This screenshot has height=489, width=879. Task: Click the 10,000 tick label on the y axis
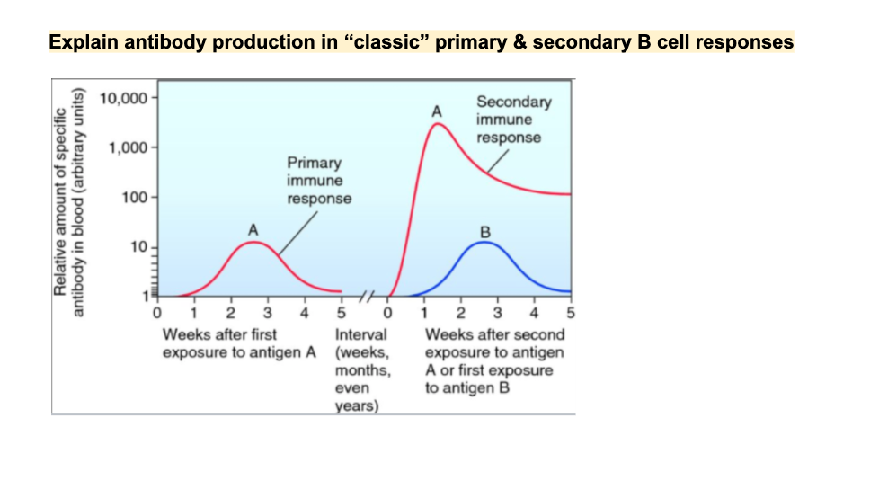[x=121, y=97]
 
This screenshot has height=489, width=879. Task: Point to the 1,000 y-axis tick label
[x=126, y=147]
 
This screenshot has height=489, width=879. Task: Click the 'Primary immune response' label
[x=319, y=180]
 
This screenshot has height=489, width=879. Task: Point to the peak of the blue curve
[x=485, y=242]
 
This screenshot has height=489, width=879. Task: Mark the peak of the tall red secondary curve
[x=438, y=124]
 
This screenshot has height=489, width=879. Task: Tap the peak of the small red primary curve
[x=253, y=242]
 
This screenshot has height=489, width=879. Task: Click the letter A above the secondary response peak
[x=437, y=111]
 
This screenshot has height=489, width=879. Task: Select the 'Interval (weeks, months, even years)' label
[x=361, y=370]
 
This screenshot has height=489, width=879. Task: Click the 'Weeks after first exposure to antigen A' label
[x=239, y=342]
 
